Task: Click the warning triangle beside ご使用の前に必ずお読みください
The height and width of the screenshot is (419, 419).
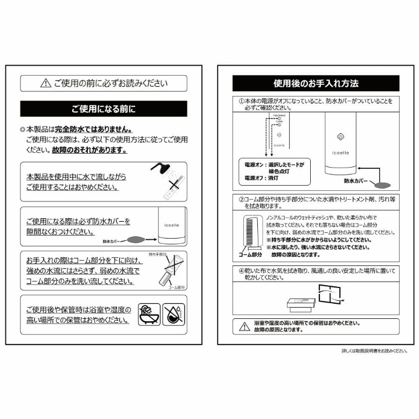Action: tap(45, 84)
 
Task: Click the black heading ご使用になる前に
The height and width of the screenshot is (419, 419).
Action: tap(104, 109)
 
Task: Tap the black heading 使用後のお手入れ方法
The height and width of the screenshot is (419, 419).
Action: tap(316, 83)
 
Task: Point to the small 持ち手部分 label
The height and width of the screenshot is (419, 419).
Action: tap(158, 255)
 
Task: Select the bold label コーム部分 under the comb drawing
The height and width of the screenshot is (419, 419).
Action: tap(251, 254)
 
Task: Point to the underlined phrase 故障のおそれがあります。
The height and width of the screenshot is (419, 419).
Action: tap(89, 150)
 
